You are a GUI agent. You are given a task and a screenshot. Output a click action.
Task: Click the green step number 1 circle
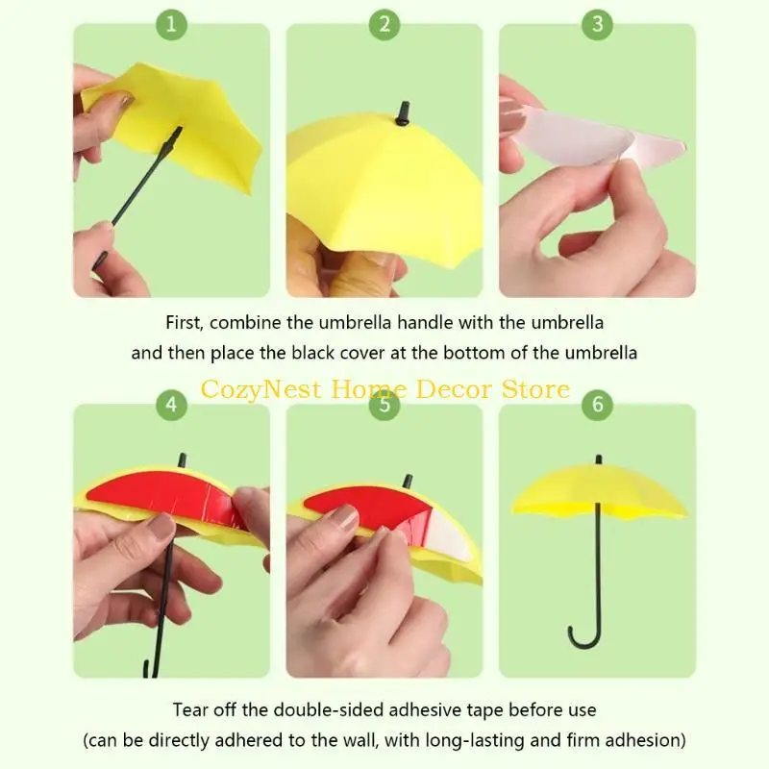click(171, 24)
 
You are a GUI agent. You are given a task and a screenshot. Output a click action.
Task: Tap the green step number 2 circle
click(384, 24)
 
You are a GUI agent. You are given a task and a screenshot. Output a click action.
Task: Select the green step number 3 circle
click(597, 24)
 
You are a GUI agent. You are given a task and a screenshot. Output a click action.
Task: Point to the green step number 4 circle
click(171, 404)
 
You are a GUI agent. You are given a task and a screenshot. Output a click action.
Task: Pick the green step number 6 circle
click(597, 404)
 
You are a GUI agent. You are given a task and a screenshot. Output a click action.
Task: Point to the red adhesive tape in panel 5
click(365, 508)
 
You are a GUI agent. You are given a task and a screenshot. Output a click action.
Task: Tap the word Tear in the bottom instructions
click(189, 710)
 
